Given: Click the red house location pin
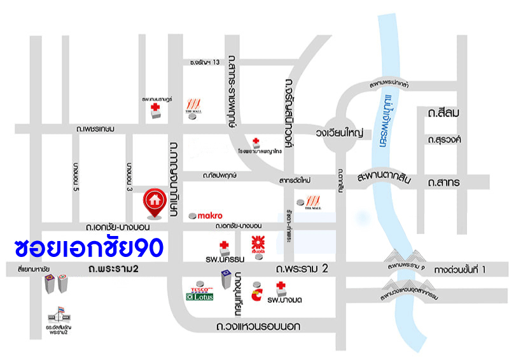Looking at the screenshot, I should (154, 200).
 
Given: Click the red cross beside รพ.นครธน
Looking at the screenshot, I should (223, 245).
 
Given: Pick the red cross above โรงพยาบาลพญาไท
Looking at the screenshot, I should (256, 141).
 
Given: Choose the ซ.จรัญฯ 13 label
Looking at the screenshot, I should (204, 62).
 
